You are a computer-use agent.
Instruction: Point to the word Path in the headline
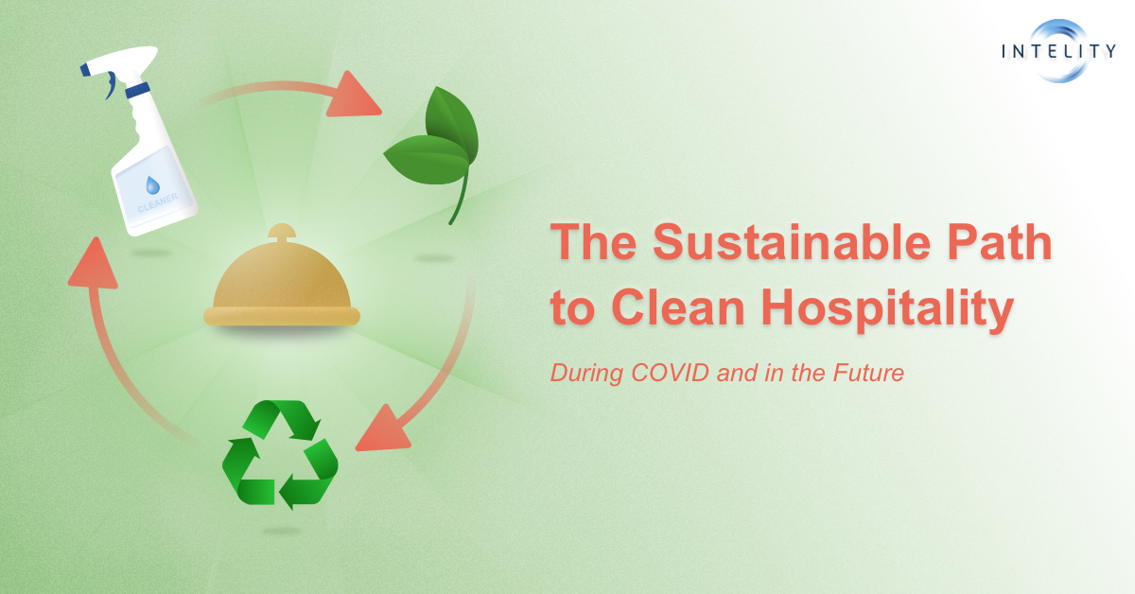(1012, 245)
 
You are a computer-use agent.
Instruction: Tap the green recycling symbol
(280, 453)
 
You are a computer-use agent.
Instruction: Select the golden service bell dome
(281, 277)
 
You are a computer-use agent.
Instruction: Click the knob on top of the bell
(281, 232)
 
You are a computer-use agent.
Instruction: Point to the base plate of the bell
(282, 316)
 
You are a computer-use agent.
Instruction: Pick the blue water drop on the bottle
(152, 185)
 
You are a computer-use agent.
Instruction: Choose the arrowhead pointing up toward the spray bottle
(92, 264)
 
